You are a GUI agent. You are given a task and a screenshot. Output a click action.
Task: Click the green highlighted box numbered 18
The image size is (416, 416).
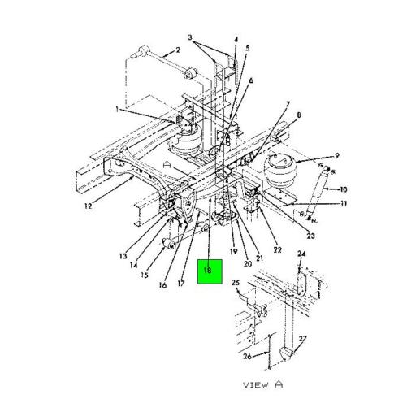click(x=209, y=271)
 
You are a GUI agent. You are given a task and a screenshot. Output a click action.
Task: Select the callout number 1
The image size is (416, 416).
click(x=116, y=109)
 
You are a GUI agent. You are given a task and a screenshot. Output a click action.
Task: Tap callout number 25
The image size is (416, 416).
click(x=235, y=283)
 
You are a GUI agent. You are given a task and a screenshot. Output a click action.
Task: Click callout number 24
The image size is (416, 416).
click(x=301, y=255)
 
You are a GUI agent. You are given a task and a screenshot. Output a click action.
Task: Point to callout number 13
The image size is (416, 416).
click(x=122, y=256)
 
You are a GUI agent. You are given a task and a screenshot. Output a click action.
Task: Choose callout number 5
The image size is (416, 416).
click(x=247, y=48)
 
